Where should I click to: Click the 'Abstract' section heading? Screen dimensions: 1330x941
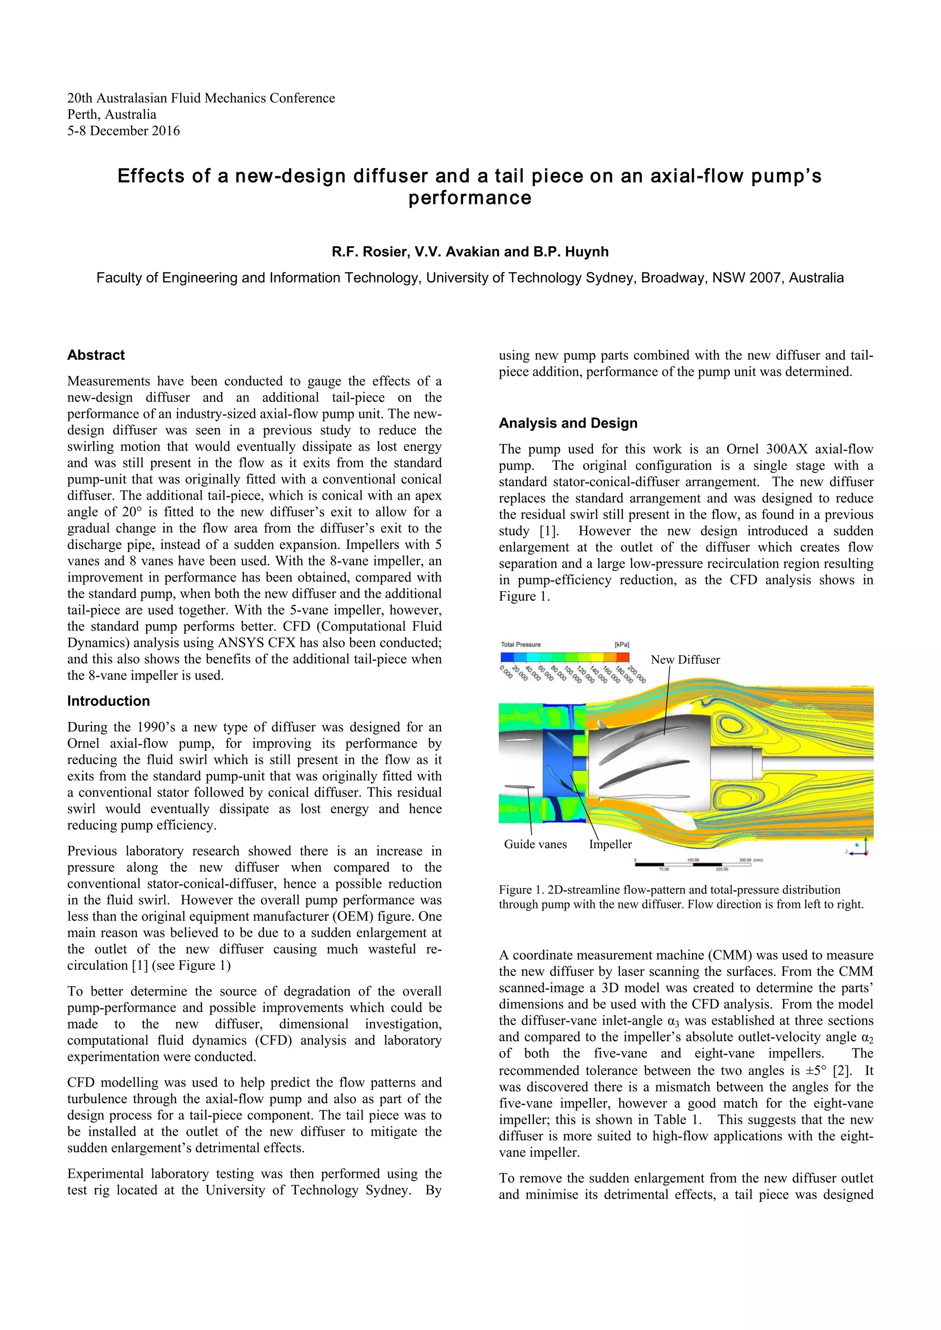[96, 355]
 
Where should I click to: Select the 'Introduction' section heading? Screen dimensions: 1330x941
[108, 701]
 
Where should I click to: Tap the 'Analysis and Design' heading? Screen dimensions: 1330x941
[568, 423]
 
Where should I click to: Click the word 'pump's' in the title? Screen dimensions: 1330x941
[786, 176]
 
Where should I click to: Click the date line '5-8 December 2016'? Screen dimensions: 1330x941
[124, 131]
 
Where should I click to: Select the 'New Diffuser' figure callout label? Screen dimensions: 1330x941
[685, 660]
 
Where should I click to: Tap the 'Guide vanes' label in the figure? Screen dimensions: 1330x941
[535, 844]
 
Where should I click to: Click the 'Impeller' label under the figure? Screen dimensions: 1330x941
[610, 845]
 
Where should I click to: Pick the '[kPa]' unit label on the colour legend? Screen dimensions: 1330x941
[622, 645]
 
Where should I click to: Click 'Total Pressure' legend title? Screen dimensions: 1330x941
[520, 645]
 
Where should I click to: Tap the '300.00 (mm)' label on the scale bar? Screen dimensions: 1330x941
[750, 860]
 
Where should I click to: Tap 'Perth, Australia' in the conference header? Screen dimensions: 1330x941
[112, 115]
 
